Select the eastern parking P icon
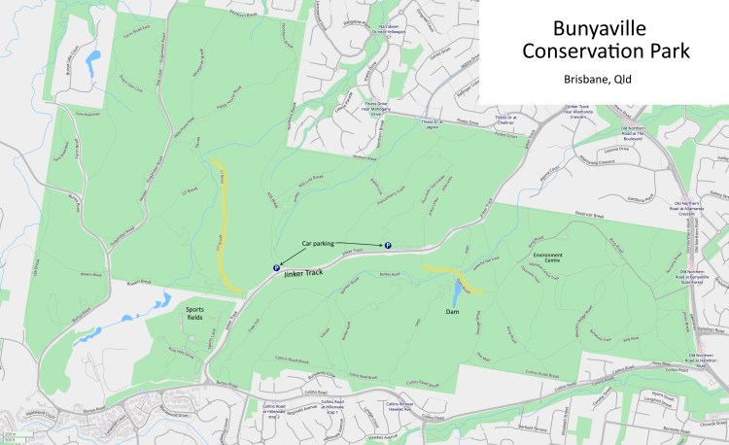tap(389, 246)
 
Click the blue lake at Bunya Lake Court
tap(92, 66)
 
